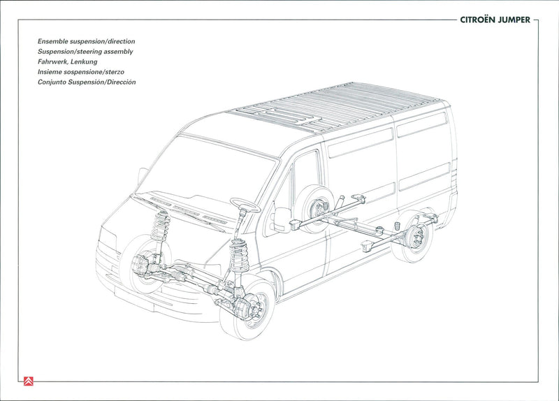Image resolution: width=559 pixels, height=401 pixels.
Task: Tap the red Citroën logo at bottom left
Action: (27, 381)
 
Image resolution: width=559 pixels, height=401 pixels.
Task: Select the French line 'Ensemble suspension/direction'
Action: (86, 42)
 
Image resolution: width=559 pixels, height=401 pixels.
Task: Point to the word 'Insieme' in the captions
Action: (50, 72)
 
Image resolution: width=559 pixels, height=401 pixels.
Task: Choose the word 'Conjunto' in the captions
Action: (53, 82)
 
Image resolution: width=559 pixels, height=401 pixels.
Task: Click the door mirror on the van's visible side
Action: (282, 218)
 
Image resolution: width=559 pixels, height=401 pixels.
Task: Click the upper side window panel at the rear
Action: (421, 125)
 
